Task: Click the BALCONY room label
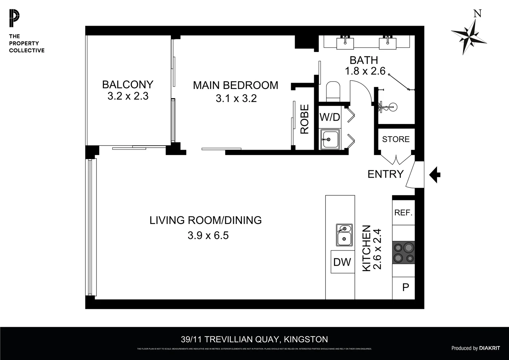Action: click(x=128, y=85)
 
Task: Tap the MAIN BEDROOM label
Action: click(x=236, y=85)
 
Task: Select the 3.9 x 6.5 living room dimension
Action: click(x=208, y=235)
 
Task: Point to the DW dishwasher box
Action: click(x=342, y=262)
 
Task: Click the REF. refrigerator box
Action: click(x=403, y=213)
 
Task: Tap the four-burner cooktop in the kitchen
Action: click(x=403, y=253)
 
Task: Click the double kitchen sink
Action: click(x=344, y=235)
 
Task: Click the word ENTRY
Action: click(x=385, y=174)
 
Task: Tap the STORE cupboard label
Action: click(x=396, y=139)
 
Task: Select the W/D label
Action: click(x=330, y=117)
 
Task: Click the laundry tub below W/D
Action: click(x=330, y=139)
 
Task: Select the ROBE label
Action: click(x=305, y=119)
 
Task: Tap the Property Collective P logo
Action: click(x=14, y=19)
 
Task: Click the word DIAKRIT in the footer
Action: click(x=489, y=348)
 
